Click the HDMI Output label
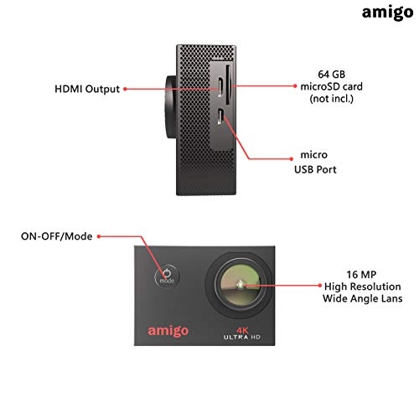pyautogui.click(x=86, y=87)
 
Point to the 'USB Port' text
pyautogui.click(x=319, y=172)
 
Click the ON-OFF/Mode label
pyautogui.click(x=55, y=236)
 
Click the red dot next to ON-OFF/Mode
pyautogui.click(x=98, y=237)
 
